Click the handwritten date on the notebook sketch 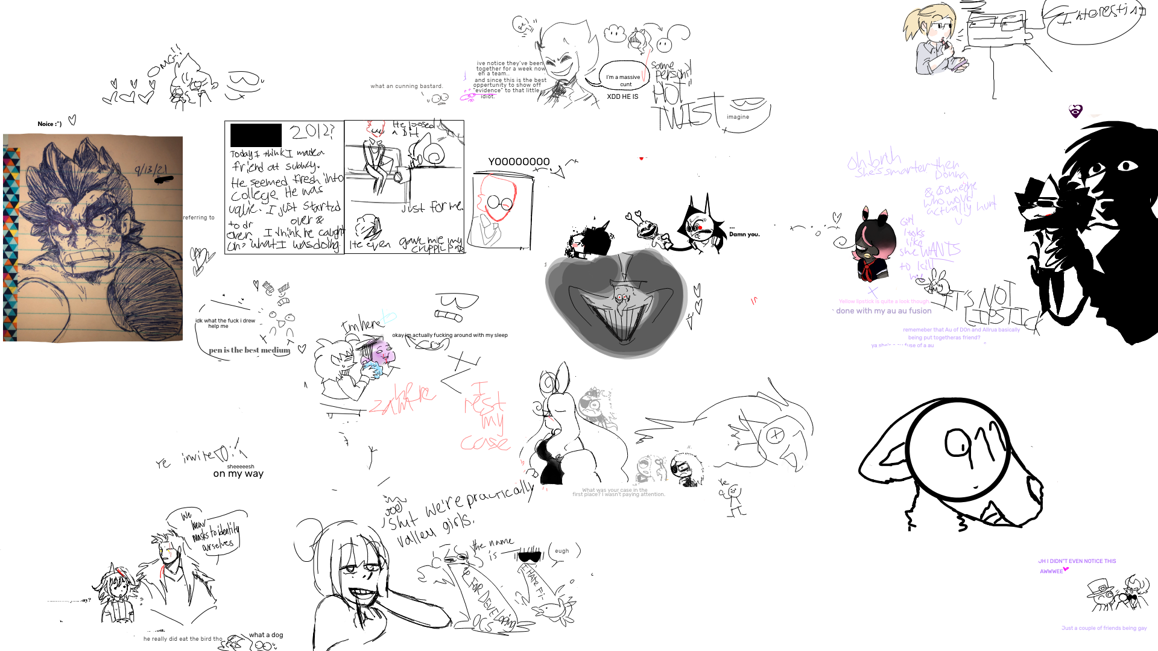151,170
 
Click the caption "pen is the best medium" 249,350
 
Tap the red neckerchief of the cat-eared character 867,272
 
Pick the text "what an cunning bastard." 407,86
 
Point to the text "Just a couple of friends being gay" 1104,628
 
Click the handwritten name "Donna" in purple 951,175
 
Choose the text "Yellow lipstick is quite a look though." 884,301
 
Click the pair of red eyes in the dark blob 622,297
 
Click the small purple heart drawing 1075,110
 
